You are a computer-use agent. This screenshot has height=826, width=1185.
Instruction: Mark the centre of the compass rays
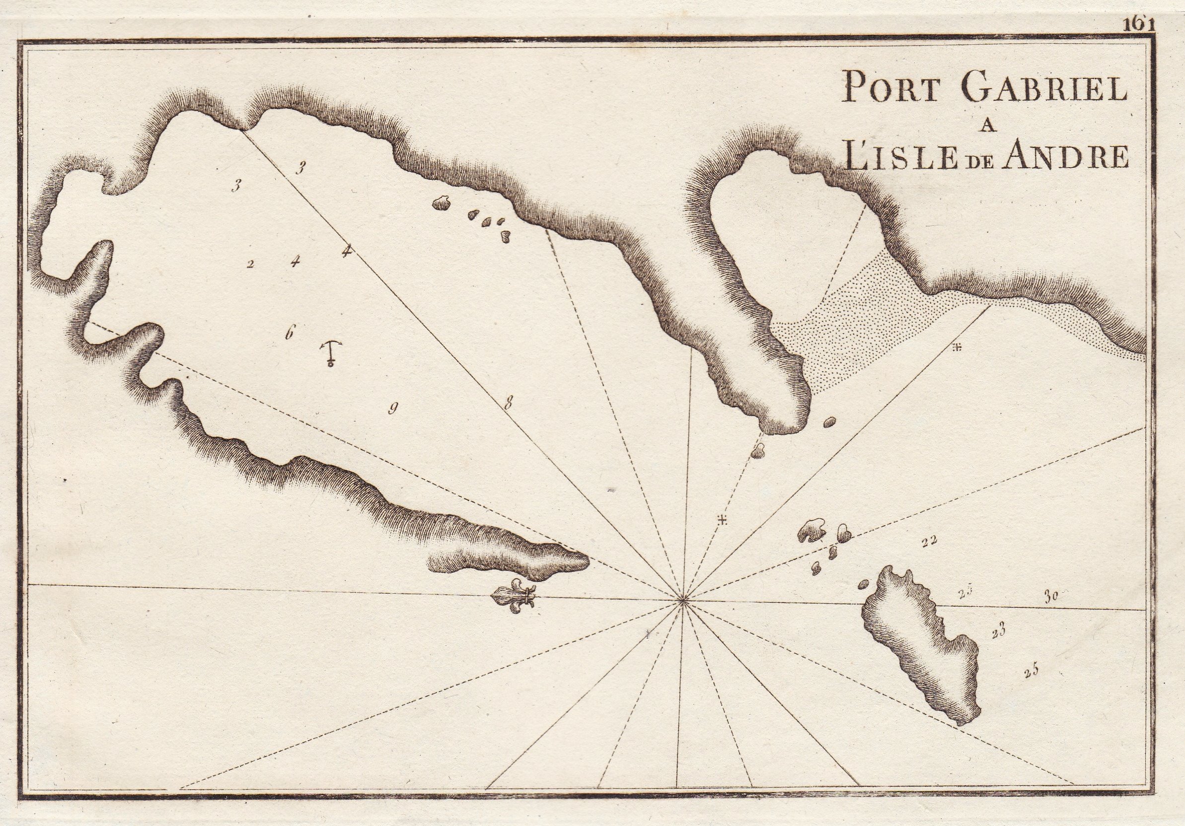683,600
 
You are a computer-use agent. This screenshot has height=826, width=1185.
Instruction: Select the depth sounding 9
393,409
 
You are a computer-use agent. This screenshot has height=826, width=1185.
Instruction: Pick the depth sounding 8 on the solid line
509,403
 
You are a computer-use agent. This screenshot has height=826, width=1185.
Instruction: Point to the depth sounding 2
250,265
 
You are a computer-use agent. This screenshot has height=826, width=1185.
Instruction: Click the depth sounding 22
929,541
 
